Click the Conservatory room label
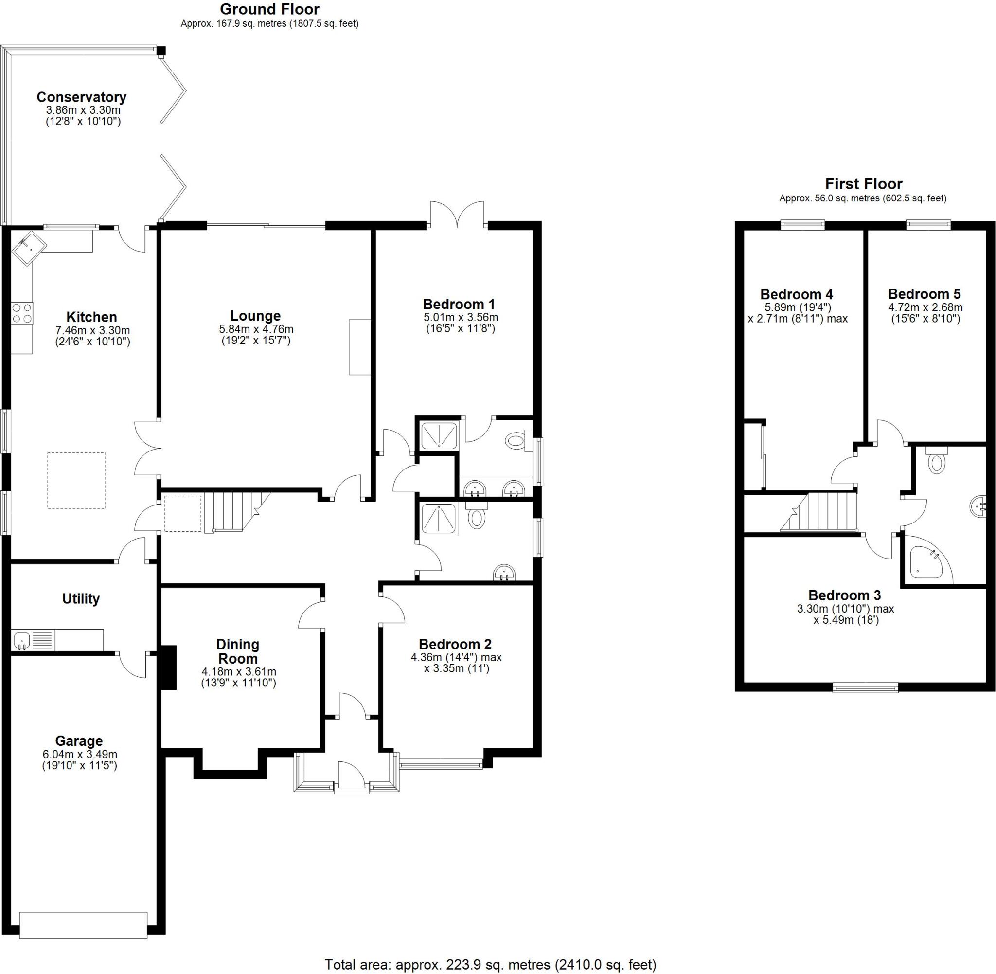81,97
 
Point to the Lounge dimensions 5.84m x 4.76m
256,329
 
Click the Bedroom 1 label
459,305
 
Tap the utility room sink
22,639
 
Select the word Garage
79,741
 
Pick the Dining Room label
238,651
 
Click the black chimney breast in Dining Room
168,667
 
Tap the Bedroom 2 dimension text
456,663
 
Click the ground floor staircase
235,511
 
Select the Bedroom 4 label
796,295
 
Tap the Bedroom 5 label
924,294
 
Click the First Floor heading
863,183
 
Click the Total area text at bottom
490,964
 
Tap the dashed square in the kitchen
77,480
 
